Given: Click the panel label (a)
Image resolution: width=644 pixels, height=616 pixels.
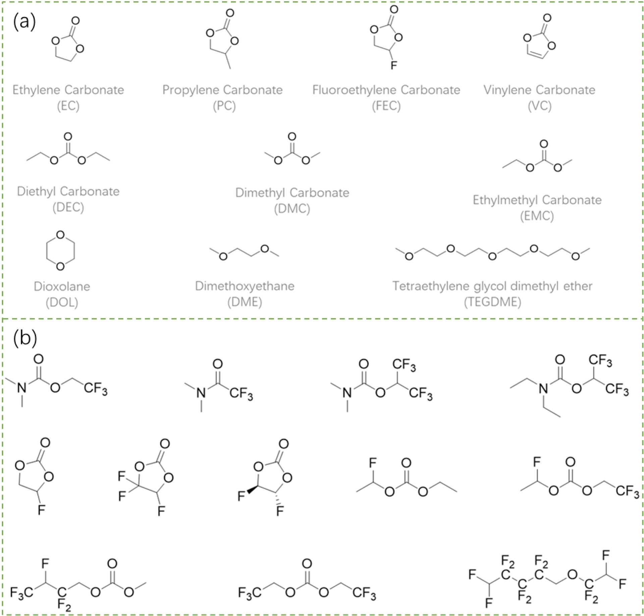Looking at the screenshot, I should tap(24, 22).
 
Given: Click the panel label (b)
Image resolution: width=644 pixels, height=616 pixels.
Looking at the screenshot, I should tap(25, 338).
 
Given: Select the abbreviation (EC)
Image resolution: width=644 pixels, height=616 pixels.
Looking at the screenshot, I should tap(68, 106).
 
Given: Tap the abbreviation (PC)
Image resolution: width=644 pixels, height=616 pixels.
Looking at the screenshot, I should tap(224, 106).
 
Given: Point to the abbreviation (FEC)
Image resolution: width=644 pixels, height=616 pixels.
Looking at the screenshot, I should tap(386, 106).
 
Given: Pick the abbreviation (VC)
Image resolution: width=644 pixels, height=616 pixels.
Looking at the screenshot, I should tap(539, 106).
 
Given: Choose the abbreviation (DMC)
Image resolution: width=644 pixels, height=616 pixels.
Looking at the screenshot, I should tap(292, 209).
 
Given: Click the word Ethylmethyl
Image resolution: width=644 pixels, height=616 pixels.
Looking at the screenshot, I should tap(505, 200).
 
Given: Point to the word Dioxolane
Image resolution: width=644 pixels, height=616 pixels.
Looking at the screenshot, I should tap(62, 286).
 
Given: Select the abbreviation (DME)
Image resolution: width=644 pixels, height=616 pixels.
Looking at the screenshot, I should tap(245, 302).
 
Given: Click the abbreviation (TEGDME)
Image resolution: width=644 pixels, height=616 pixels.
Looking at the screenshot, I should tap(492, 302).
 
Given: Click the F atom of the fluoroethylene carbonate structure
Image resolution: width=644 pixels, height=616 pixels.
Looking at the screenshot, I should tap(394, 65).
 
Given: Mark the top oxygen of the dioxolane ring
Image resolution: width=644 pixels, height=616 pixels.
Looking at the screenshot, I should tap(60, 235).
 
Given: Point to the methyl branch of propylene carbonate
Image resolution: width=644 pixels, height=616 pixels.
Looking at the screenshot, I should tap(228, 62).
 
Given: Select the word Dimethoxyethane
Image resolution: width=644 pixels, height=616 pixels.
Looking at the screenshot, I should tap(245, 286).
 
